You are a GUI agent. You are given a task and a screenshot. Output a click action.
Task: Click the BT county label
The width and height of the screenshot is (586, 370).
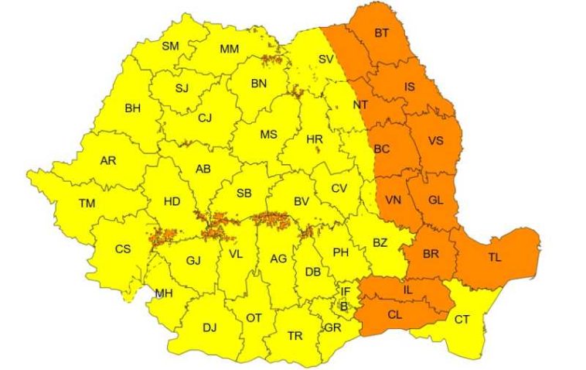point(382,33)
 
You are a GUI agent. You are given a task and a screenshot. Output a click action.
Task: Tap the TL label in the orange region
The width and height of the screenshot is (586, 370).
point(495,258)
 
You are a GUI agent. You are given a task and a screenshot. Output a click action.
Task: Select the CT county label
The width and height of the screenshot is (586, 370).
point(462,319)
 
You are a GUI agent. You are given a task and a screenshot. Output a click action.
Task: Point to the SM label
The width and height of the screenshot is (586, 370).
point(170,46)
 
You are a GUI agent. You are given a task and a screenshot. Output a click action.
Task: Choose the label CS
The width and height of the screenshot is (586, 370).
point(123,249)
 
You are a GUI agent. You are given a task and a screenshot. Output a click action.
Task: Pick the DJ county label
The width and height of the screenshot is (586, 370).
point(210,327)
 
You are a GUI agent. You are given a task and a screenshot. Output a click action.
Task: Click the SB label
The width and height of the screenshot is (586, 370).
point(244,193)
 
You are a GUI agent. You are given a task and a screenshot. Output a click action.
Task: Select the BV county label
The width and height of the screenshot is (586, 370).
point(302,202)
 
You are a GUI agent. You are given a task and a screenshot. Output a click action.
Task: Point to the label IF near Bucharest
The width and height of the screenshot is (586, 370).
point(346,292)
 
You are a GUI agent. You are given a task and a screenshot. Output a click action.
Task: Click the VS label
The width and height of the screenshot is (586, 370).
point(435,142)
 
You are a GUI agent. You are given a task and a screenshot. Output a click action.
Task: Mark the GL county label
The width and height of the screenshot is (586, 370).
point(435,200)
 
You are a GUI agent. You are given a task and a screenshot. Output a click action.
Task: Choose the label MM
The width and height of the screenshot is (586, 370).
point(229,49)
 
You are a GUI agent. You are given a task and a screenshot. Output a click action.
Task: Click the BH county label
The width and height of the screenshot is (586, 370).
point(133,108)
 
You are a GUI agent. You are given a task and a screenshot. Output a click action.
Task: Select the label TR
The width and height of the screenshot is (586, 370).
point(295,336)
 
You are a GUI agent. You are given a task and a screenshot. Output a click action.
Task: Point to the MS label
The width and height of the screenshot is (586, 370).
point(268,134)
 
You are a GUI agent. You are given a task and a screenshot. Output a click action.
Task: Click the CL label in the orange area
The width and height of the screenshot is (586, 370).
point(395,314)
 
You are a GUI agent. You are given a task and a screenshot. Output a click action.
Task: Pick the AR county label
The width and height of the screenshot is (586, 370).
point(108,161)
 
